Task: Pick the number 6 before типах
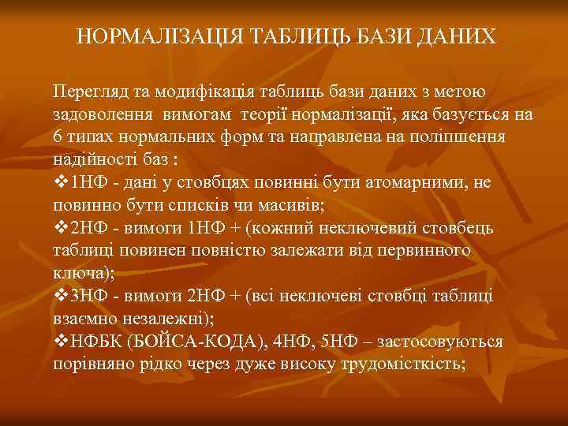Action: click(x=58, y=136)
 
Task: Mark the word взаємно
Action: click(x=84, y=318)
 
